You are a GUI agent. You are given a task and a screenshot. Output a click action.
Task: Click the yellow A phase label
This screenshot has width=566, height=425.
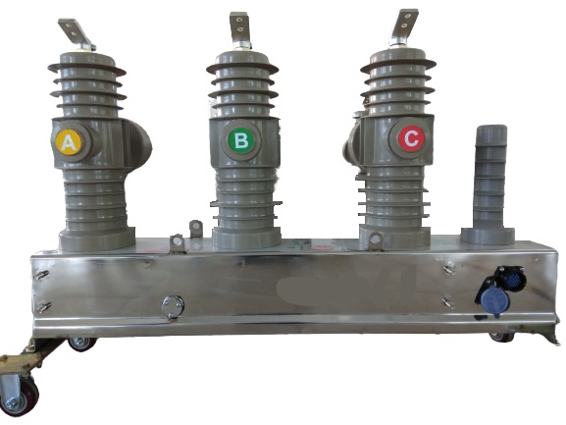(69, 142)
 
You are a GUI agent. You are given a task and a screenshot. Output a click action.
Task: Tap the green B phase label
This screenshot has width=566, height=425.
(241, 139)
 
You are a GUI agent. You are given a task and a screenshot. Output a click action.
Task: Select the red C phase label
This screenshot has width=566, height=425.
(411, 138)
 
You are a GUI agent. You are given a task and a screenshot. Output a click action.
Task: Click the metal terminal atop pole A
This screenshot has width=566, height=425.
(77, 34)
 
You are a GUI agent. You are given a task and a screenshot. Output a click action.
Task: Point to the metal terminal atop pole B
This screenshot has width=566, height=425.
(240, 30)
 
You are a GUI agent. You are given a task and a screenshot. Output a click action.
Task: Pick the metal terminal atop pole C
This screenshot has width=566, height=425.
(404, 27)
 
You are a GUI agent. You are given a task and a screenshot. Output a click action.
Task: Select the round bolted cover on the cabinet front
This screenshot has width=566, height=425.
(173, 306)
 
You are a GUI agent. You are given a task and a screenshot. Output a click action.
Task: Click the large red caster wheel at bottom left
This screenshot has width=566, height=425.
(20, 397)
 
